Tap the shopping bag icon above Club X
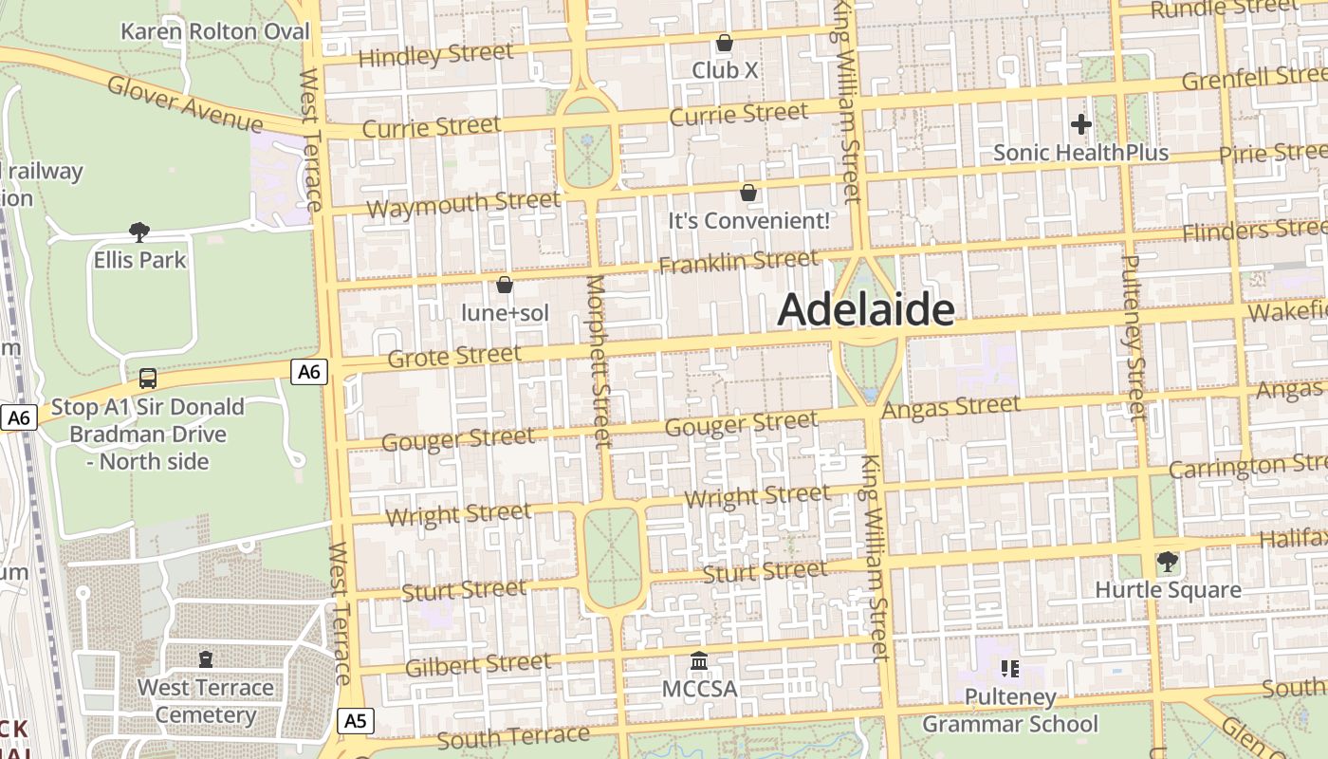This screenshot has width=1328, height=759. tap(725, 43)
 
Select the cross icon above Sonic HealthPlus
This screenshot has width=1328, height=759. tap(1080, 123)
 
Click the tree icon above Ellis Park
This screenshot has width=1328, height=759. tap(139, 231)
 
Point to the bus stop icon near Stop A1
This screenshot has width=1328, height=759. tap(148, 379)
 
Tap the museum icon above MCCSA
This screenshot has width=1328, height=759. tap(699, 660)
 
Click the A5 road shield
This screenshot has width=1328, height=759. tap(355, 721)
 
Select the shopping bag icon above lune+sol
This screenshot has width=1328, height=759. tap(505, 285)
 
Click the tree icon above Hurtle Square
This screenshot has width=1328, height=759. tap(1168, 562)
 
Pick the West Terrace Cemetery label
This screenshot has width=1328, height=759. tap(206, 701)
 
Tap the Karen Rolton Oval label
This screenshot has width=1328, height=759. tap(215, 31)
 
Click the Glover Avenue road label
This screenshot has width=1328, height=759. tap(185, 104)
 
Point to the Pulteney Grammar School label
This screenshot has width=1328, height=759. tap(1010, 711)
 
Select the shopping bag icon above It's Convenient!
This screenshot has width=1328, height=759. tap(748, 193)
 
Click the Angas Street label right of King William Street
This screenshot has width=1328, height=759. tap(951, 408)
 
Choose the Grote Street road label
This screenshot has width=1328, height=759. tap(454, 357)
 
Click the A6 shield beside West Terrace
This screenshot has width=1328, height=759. tap(309, 372)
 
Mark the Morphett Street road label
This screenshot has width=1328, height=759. tap(598, 361)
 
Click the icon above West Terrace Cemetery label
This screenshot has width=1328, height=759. tap(206, 658)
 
